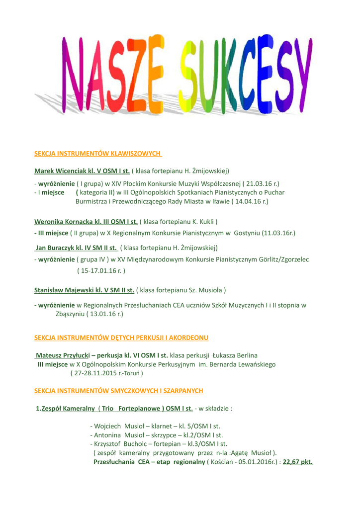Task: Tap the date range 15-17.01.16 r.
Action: click(x=101, y=271)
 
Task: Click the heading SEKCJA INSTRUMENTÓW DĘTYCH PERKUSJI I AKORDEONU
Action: click(x=121, y=338)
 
